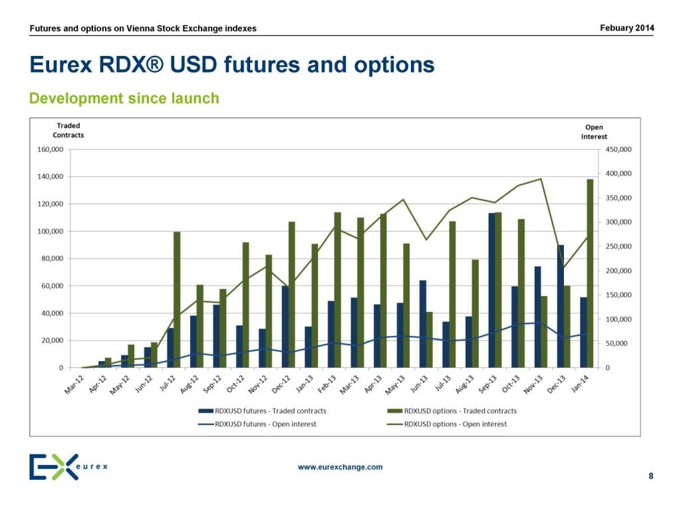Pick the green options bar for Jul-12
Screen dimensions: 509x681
tap(177, 299)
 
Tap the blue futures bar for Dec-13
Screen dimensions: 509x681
tap(560, 306)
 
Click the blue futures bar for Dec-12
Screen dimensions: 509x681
tap(285, 327)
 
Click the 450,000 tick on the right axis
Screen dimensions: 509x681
tap(617, 150)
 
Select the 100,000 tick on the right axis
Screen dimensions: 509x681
tap(617, 319)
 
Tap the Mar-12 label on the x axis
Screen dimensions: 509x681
tap(74, 385)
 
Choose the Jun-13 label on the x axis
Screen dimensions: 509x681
tap(418, 385)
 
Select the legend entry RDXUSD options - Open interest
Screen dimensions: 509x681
tap(456, 424)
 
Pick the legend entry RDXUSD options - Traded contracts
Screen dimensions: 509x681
tap(460, 411)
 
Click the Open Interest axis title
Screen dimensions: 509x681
tap(594, 132)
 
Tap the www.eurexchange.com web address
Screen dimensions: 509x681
tap(340, 467)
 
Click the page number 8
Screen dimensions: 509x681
tap(650, 476)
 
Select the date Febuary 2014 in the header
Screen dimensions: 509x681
tap(626, 27)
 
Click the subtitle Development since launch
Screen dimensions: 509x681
tap(124, 98)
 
